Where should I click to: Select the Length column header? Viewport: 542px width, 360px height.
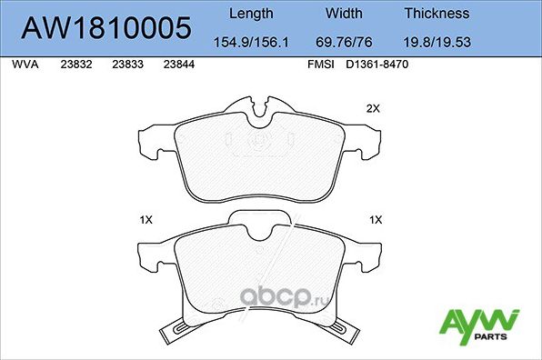click(250, 14)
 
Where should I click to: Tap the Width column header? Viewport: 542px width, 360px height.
click(345, 14)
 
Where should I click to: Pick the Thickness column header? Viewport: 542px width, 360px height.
click(437, 14)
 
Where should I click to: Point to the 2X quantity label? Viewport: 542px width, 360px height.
click(371, 108)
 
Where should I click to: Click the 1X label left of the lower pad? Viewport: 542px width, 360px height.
click(146, 219)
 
